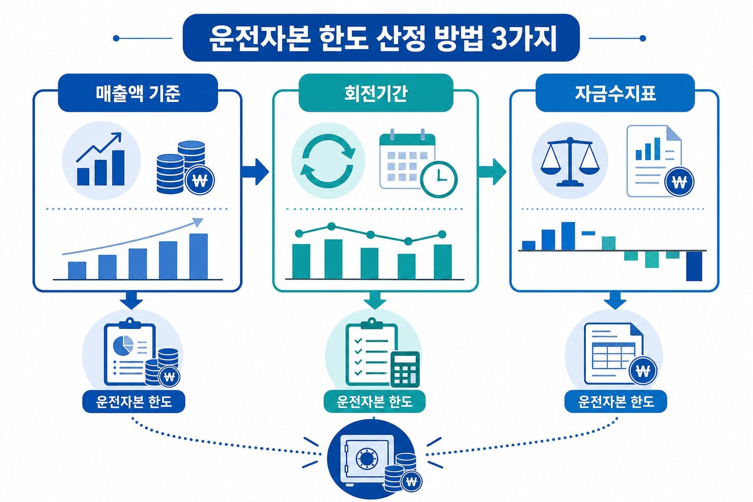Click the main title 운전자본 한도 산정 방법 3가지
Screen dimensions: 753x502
point(382,38)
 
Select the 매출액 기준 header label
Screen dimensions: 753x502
point(138,93)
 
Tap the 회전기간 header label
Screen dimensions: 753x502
point(376,93)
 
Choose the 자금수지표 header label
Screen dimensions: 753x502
point(615,93)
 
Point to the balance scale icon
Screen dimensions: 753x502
point(570,161)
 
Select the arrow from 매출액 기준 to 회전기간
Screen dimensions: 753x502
point(255,172)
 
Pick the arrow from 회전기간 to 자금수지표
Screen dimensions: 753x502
point(493,172)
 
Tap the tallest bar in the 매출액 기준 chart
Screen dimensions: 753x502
point(199,256)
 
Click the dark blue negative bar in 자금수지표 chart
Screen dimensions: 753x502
point(694,266)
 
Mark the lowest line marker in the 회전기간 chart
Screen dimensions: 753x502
point(408,241)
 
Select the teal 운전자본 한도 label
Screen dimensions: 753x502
point(375,402)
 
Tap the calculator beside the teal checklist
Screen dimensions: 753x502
point(405,369)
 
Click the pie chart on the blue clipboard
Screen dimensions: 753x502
point(123,345)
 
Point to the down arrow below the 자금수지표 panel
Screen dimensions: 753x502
point(615,300)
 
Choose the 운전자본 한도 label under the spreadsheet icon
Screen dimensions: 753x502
point(616,402)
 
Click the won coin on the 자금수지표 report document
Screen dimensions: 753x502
point(679,181)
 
